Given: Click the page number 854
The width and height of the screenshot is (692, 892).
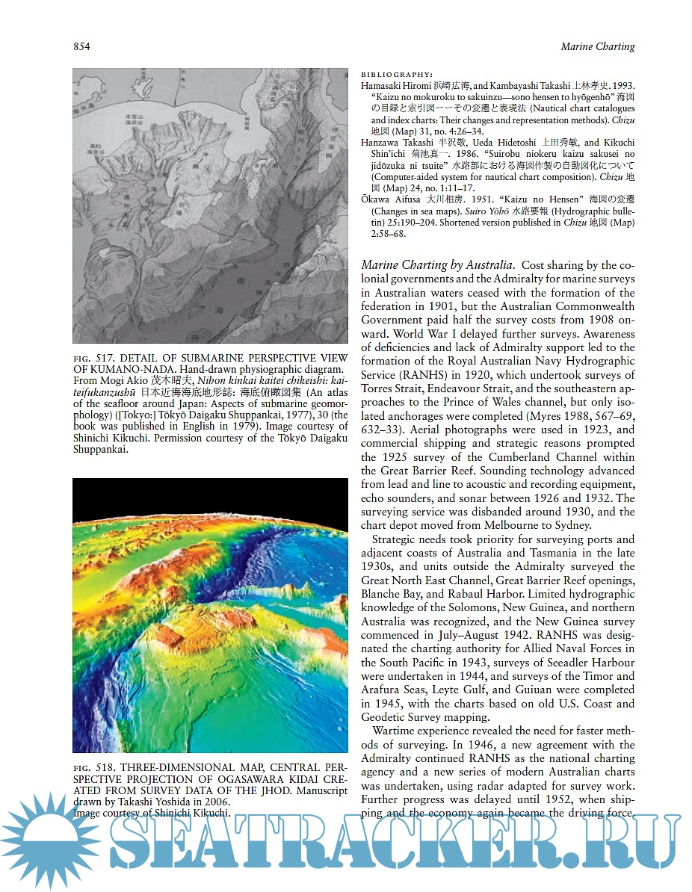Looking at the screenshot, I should pos(81,47).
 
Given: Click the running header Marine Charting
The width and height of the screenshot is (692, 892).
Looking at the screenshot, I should pos(597,47).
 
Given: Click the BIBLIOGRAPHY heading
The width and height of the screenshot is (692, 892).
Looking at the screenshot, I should pos(397,75).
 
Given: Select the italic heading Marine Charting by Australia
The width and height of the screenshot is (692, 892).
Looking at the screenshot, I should pos(437,265).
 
